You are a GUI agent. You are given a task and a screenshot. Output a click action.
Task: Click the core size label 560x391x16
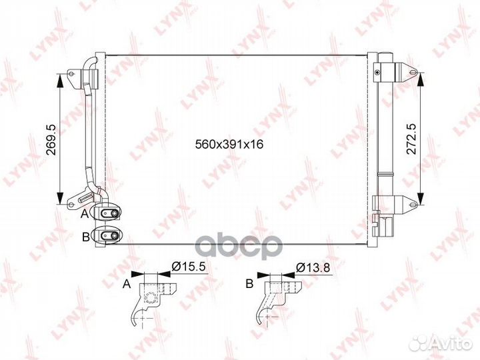pos(229,144)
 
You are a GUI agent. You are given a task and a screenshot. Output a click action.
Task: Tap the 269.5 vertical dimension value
pos(52,139)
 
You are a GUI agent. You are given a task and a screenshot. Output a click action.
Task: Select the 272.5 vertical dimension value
pos(411,139)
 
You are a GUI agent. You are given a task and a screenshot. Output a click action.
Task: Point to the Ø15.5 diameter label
pos(188,267)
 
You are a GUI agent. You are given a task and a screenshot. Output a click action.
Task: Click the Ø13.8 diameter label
pos(313,267)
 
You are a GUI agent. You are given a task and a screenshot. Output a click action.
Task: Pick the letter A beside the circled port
pos(85,214)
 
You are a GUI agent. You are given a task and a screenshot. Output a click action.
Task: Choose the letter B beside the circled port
pos(86,237)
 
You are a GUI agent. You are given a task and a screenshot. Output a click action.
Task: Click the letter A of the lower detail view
pos(127,285)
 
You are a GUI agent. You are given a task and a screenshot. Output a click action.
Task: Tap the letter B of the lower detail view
pos(250,284)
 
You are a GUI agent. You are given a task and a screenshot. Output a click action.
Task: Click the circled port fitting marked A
pos(107,213)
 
